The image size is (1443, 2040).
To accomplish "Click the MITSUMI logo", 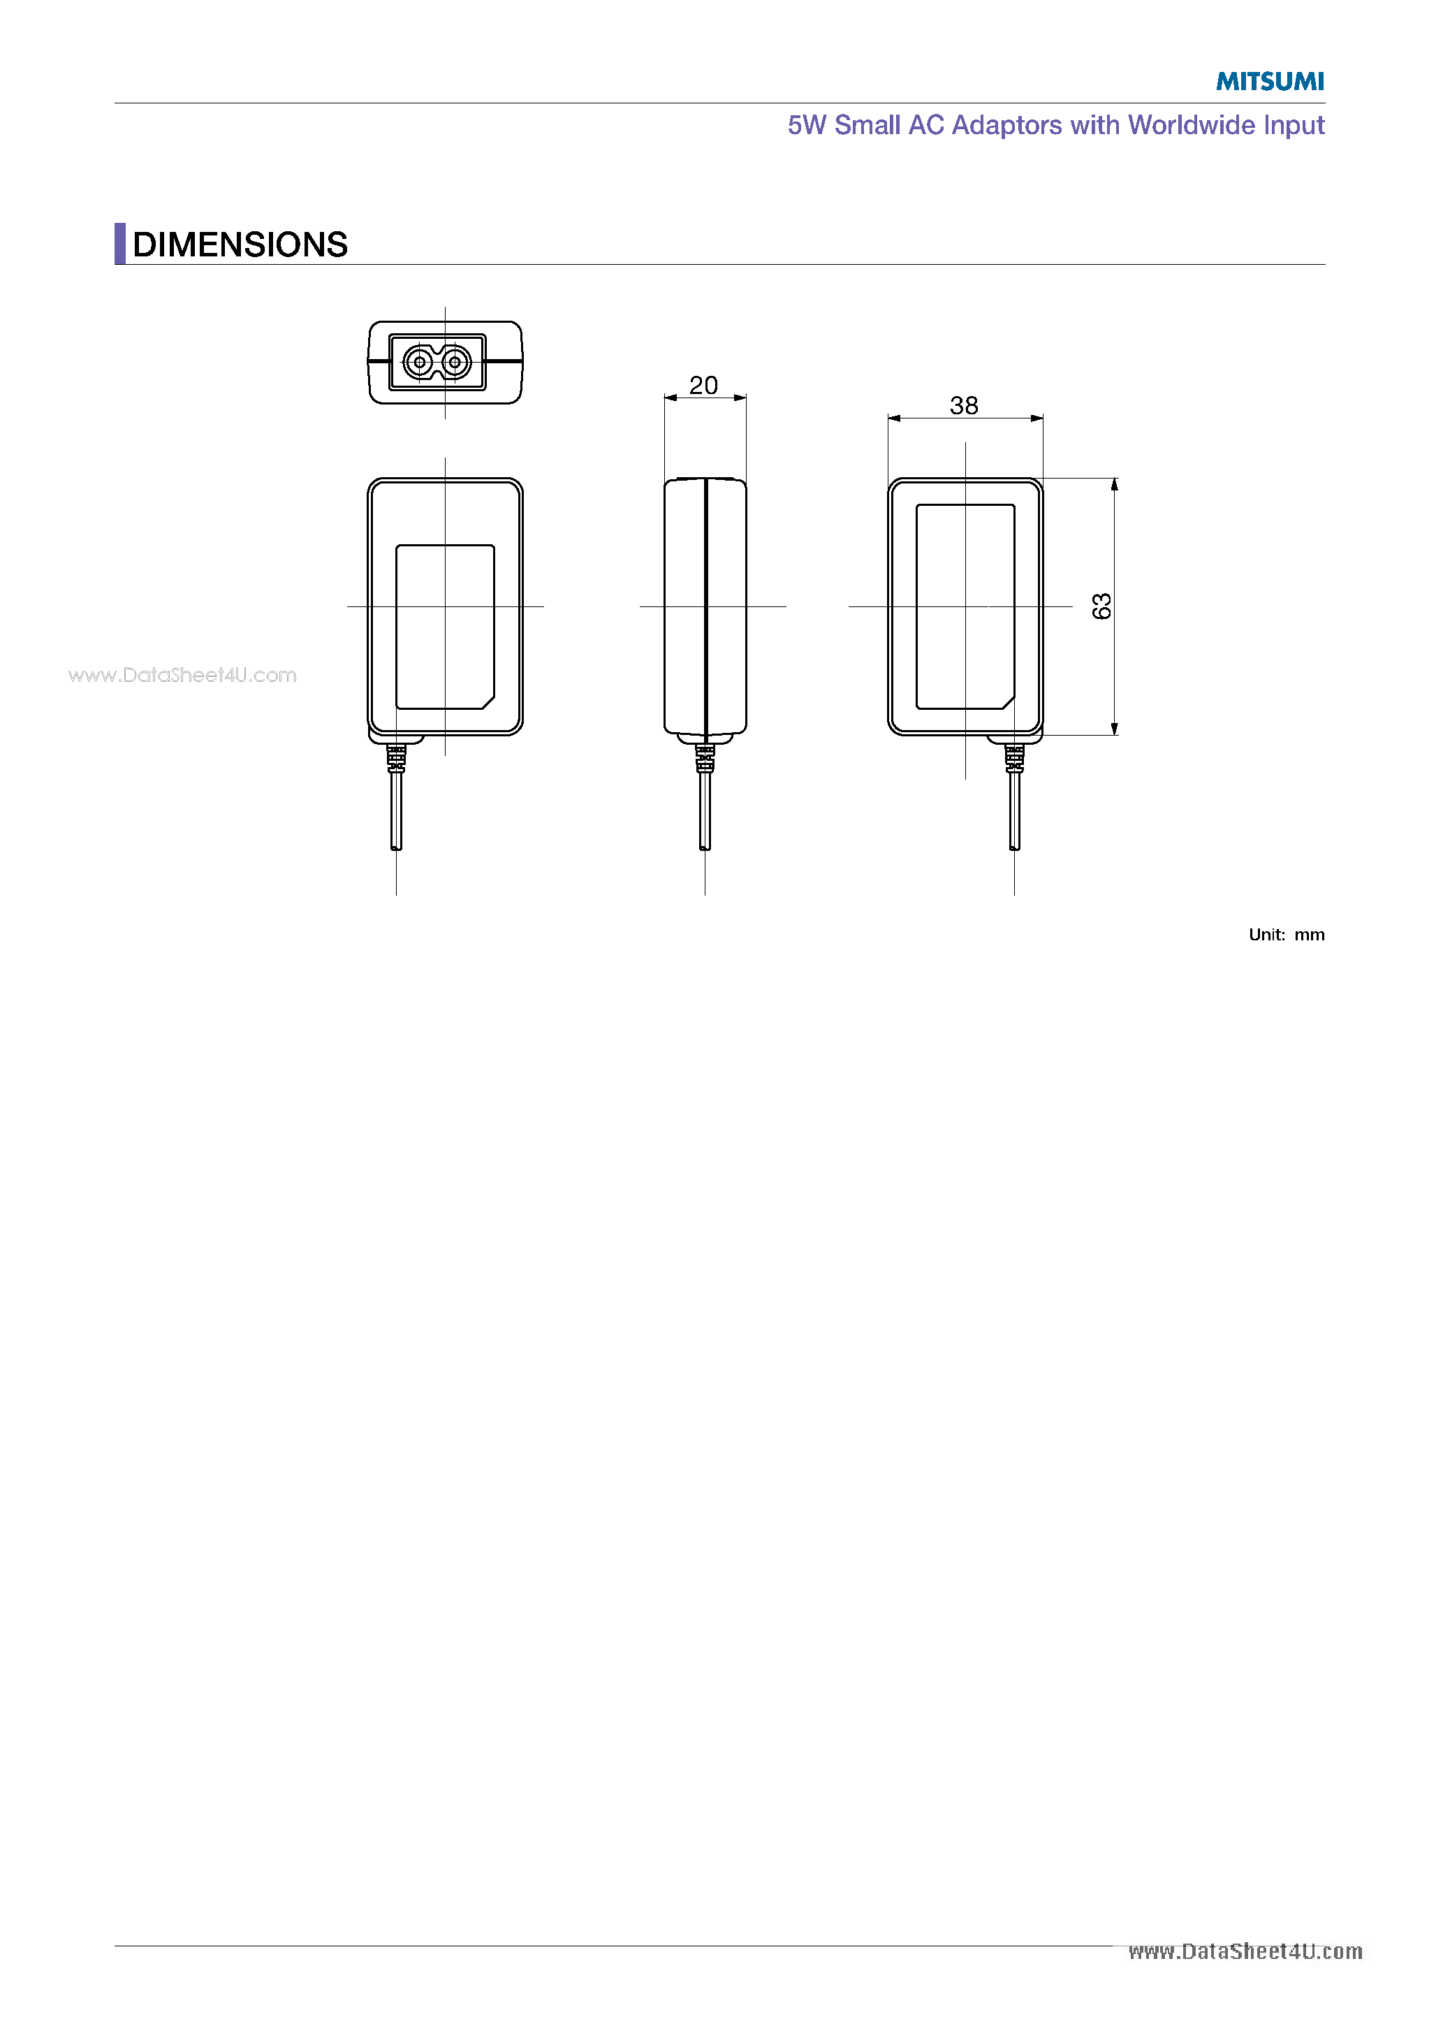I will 1269,82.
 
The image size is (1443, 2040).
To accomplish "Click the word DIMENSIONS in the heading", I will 240,245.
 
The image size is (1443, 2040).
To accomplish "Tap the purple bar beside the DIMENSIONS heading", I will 120,243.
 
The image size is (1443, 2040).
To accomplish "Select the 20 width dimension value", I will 703,386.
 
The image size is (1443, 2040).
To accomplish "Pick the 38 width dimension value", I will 964,406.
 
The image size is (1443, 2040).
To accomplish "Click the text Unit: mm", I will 1286,935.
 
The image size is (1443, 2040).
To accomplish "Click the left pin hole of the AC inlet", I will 419,363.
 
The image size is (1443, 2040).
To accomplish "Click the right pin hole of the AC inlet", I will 455,363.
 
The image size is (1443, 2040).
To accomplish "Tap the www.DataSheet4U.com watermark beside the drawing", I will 182,676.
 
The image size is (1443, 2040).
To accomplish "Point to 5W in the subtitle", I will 806,125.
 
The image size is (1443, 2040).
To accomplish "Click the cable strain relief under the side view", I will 705,758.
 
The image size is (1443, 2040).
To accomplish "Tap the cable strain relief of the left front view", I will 396,758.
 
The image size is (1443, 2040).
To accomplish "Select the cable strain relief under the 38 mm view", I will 1014,758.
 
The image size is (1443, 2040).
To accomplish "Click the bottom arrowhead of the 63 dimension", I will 1114,729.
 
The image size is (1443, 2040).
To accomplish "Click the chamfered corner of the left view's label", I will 488,702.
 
